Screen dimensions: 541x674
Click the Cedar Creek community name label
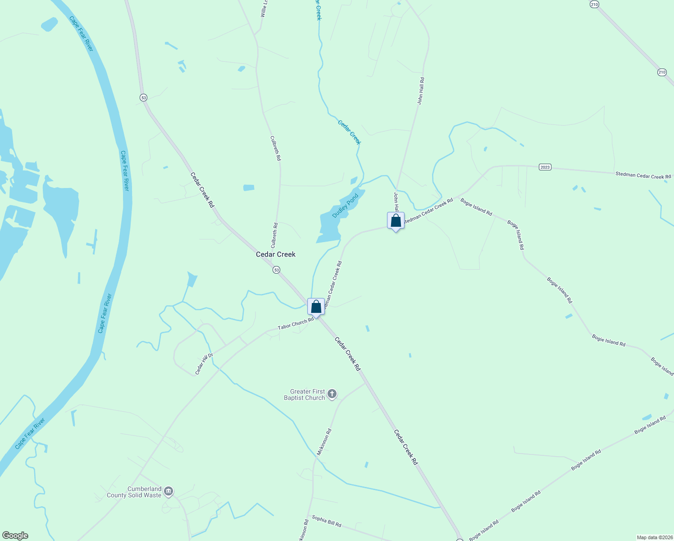coord(276,254)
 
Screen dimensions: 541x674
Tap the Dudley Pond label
coord(345,206)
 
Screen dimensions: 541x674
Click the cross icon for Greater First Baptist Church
coord(332,394)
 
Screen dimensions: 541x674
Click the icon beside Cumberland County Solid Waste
coord(168,491)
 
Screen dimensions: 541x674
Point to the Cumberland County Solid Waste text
coord(134,492)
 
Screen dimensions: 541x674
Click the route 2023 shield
coord(545,167)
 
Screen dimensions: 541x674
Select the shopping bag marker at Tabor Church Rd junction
coord(316,307)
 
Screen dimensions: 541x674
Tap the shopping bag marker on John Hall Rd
coord(396,221)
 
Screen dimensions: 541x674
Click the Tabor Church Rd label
coord(296,324)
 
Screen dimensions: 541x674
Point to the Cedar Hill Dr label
coord(204,364)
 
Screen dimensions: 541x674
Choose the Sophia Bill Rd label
coord(327,521)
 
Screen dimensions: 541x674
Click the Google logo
coord(15,536)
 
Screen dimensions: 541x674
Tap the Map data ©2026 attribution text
coord(654,537)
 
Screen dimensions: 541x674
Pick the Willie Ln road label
coord(264,9)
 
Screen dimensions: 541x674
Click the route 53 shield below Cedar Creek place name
coord(276,270)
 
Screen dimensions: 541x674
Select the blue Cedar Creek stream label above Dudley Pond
coord(349,132)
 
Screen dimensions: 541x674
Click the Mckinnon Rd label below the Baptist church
coord(324,441)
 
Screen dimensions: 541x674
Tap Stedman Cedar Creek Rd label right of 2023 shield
coord(643,175)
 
